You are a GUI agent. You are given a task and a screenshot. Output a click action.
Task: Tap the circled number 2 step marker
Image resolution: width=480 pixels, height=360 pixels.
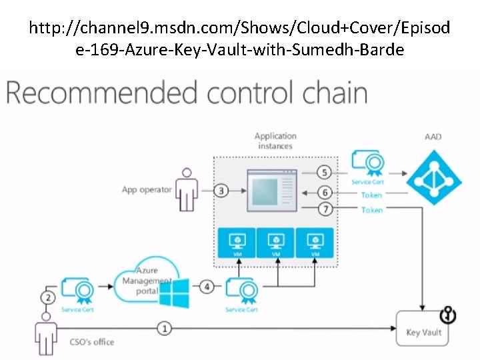pyautogui.click(x=47, y=297)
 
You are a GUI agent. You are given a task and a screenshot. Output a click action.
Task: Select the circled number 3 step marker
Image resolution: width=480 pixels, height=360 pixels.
pyautogui.click(x=221, y=191)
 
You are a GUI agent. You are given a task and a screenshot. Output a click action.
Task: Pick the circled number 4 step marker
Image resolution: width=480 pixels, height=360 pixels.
pyautogui.click(x=208, y=287)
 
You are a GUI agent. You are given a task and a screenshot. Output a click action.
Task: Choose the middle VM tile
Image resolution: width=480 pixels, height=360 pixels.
pyautogui.click(x=276, y=243)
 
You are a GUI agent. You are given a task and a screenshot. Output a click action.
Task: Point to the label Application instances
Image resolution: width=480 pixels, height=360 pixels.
pyautogui.click(x=275, y=141)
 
